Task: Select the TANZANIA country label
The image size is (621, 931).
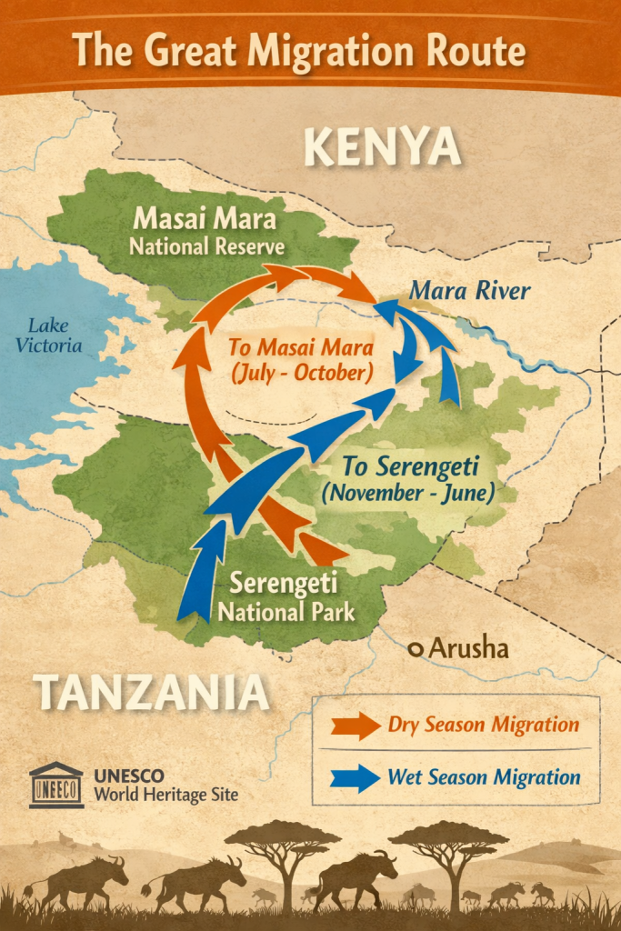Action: [x=152, y=693]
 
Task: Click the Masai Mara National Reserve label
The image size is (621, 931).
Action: [x=205, y=233]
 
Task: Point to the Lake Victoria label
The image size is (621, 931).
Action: [x=55, y=335]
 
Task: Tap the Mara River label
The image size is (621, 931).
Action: [x=468, y=291]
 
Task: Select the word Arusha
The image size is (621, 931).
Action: [x=468, y=649]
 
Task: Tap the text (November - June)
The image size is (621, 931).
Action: [x=407, y=494]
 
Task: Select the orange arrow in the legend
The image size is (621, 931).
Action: [x=354, y=726]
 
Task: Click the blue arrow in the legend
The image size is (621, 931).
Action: [x=354, y=777]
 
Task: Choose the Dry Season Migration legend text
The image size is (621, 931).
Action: [x=483, y=725]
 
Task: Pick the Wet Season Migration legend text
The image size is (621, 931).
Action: [x=483, y=776]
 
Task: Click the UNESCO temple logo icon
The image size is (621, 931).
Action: [x=55, y=785]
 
